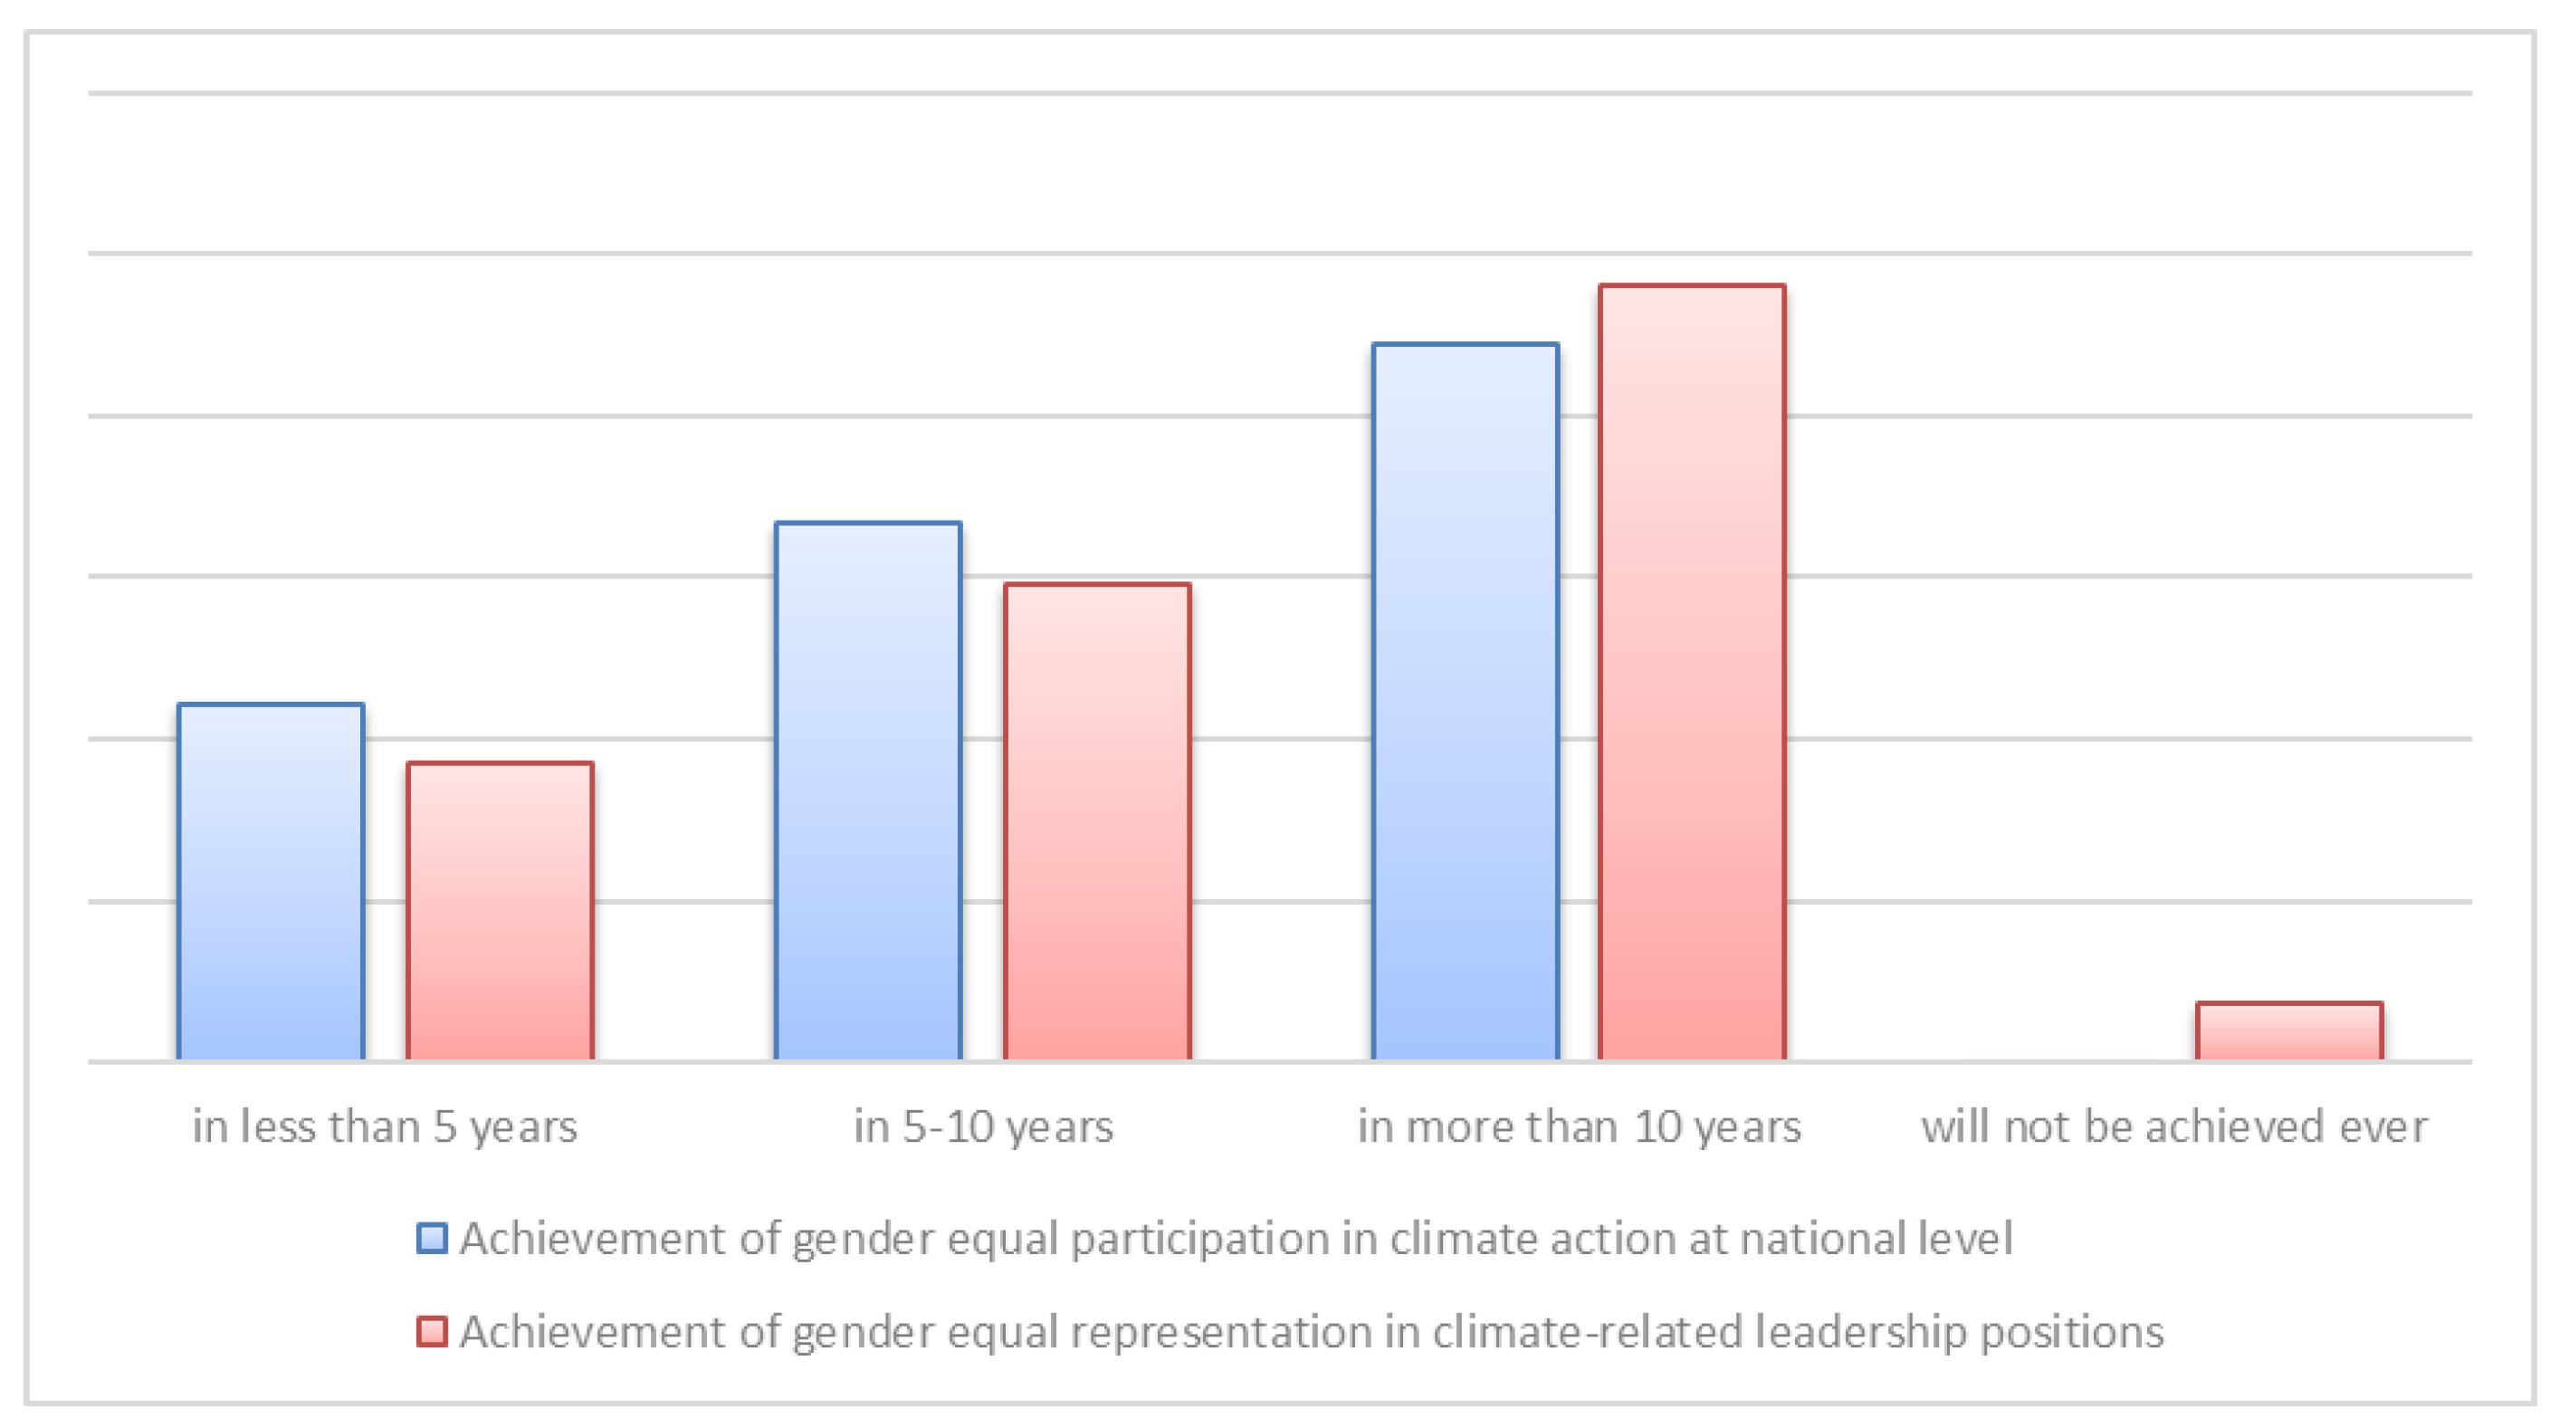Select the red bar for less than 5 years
tap(500, 911)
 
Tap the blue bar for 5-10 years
tap(868, 791)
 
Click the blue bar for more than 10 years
tap(1466, 702)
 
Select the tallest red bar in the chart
tap(1692, 673)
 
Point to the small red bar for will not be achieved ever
tap(2288, 1031)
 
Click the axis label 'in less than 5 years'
tap(385, 1126)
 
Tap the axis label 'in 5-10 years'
tap(983, 1126)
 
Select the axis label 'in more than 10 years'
tap(1580, 1126)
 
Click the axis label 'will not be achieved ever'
tap(2174, 1126)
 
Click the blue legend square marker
tap(431, 1238)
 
